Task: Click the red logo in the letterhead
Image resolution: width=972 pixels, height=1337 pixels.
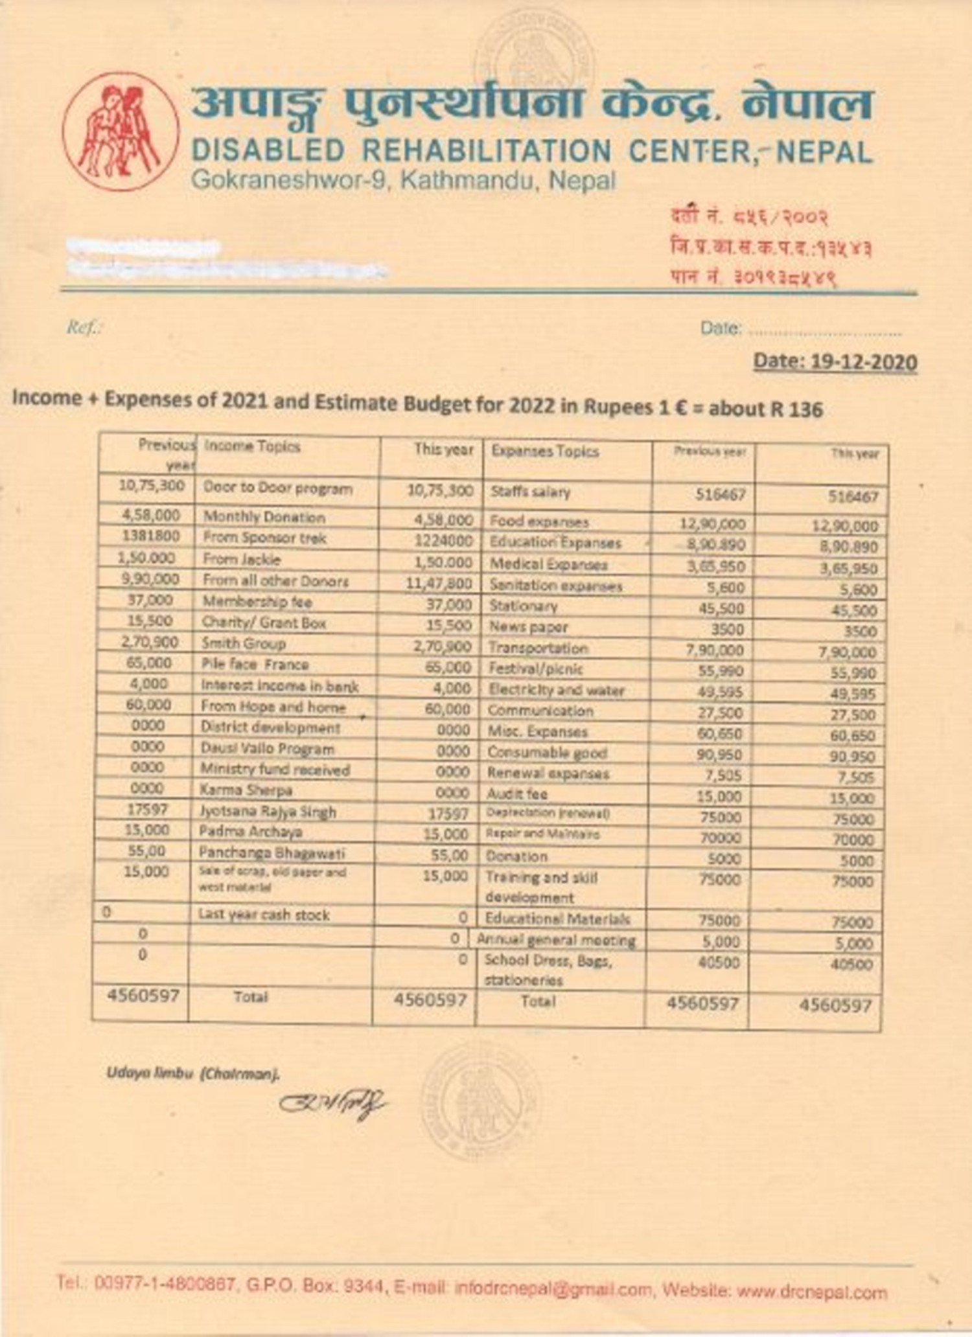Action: pos(121,131)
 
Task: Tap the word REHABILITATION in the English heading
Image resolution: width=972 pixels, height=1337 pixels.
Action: pos(486,152)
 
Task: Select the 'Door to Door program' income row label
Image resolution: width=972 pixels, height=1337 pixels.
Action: pos(277,488)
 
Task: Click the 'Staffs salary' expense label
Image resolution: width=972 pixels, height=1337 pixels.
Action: pos(530,492)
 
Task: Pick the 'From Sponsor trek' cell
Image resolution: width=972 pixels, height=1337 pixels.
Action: pos(264,538)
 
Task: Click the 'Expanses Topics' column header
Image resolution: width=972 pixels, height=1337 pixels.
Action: pos(544,451)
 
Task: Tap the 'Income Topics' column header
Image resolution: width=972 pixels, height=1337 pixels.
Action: pos(252,446)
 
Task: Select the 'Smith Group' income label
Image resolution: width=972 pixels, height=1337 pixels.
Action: pos(244,644)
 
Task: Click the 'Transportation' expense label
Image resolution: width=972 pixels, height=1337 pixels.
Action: pos(538,648)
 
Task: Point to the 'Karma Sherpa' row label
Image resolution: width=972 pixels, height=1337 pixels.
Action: pos(246,790)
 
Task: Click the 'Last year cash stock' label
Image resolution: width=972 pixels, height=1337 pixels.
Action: pos(264,915)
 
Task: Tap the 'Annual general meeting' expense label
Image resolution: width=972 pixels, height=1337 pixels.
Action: pos(556,940)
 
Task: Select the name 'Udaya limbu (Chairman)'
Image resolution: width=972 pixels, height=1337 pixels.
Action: pos(193,1073)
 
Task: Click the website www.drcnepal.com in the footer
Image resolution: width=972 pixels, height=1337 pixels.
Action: pos(811,1293)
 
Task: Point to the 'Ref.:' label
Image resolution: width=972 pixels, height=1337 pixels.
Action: pos(84,328)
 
